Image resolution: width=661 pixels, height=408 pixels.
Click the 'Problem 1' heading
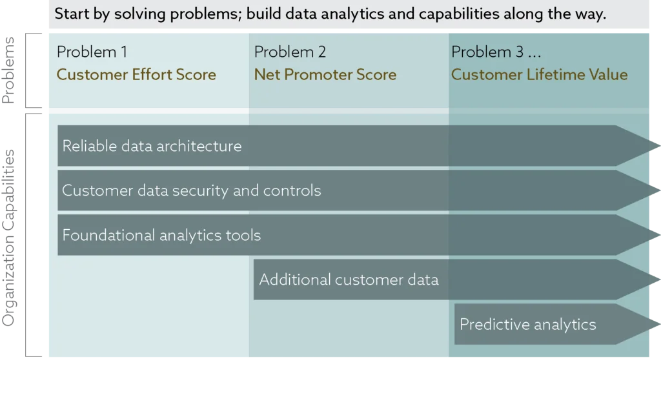[92, 52]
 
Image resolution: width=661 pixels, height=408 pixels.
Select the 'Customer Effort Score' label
[136, 75]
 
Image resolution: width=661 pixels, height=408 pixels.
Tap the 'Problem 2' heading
[290, 52]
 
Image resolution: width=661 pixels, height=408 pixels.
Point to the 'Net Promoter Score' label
[325, 75]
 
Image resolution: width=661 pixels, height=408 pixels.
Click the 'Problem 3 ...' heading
[496, 52]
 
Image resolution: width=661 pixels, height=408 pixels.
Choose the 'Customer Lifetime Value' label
[539, 75]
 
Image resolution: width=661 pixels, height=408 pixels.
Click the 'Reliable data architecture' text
[152, 146]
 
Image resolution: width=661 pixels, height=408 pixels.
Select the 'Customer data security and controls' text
[191, 190]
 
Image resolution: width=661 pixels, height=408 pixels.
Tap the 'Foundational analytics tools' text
[161, 235]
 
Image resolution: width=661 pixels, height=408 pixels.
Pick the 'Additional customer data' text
[349, 280]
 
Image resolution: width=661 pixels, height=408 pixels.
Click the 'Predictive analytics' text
[528, 324]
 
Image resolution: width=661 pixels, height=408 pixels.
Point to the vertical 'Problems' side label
[8, 70]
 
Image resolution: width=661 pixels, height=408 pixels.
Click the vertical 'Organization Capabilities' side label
[8, 238]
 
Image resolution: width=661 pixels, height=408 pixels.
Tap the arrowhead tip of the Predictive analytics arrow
[660, 324]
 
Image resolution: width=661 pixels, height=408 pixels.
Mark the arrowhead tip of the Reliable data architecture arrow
[660, 146]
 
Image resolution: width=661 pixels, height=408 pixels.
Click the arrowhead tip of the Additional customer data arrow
[660, 280]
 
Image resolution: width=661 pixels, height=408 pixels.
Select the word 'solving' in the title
[140, 14]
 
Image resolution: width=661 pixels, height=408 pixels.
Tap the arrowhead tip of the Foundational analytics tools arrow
[660, 235]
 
